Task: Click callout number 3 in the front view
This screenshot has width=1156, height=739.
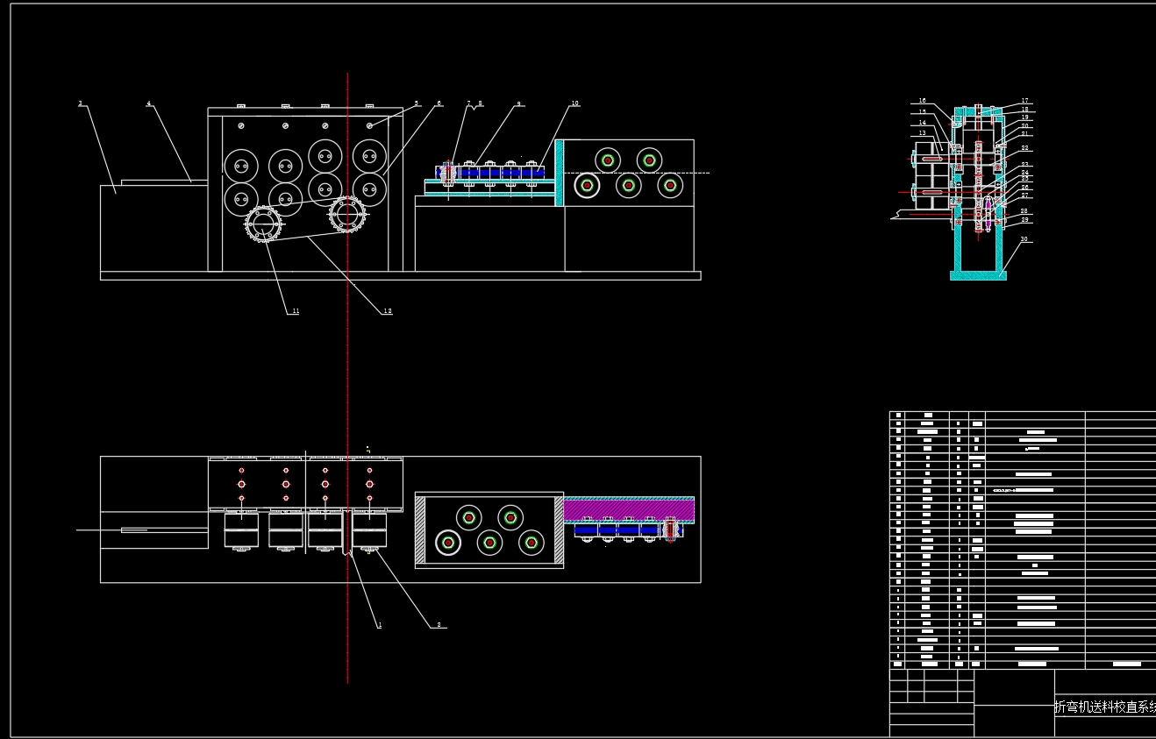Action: click(80, 103)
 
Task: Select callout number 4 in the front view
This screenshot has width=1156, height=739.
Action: click(148, 103)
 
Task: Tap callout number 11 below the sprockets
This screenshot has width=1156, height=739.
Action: click(296, 311)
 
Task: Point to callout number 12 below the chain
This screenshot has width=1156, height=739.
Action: click(388, 311)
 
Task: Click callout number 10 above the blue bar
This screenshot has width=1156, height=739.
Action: click(574, 103)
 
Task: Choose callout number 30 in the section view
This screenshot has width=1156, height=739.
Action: click(1024, 238)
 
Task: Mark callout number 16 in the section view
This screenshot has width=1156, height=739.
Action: click(923, 101)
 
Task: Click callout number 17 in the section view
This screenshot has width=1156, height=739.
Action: click(1024, 101)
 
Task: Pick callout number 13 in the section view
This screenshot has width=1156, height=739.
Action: click(923, 133)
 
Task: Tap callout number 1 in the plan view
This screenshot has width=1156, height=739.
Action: click(380, 625)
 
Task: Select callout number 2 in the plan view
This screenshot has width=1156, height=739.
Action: click(439, 625)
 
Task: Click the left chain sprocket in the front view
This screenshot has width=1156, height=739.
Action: click(263, 224)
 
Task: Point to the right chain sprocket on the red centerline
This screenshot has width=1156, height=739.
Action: click(347, 214)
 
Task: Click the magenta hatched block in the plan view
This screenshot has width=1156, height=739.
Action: click(628, 510)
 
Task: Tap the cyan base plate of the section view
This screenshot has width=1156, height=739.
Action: click(978, 275)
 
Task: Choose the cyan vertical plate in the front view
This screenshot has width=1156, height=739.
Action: click(559, 173)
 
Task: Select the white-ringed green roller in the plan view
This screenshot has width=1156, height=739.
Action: click(448, 544)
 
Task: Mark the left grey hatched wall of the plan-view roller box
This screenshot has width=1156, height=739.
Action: click(420, 529)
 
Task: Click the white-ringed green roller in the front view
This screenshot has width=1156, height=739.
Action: click(586, 186)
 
